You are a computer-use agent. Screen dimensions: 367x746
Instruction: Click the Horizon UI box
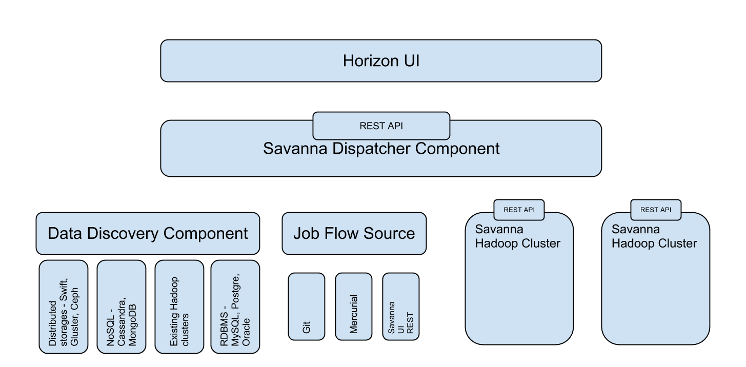(x=381, y=60)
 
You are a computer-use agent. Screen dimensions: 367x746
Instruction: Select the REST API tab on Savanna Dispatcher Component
(x=381, y=126)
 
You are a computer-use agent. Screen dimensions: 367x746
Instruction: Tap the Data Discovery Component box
(x=148, y=234)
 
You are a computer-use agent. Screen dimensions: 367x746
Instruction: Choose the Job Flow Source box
(x=354, y=234)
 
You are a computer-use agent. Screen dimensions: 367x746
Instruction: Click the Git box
(x=307, y=307)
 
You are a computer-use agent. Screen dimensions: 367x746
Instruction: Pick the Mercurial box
(x=353, y=307)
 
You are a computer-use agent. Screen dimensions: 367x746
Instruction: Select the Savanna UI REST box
(x=400, y=307)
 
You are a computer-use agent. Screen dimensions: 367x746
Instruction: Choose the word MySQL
(x=236, y=324)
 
